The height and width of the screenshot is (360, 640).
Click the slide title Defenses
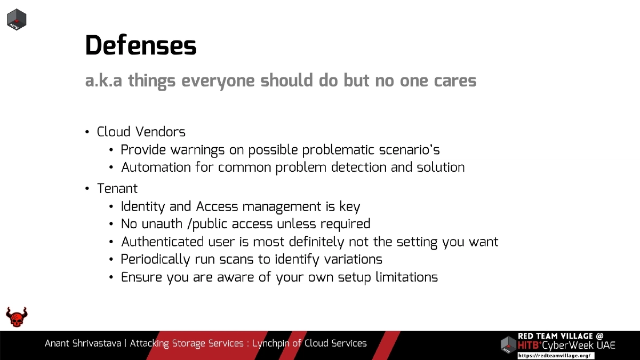pyautogui.click(x=141, y=46)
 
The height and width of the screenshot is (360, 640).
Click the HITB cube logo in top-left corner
pyautogui.click(x=17, y=20)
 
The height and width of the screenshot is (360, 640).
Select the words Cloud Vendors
pyautogui.click(x=141, y=132)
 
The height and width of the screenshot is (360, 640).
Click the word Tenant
pyautogui.click(x=117, y=189)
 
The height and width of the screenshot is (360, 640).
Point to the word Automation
pyautogui.click(x=155, y=167)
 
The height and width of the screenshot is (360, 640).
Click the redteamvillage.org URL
pyautogui.click(x=554, y=355)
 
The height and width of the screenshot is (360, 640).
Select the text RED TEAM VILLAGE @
pyautogui.click(x=561, y=336)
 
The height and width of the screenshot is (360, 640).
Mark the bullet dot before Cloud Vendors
pyautogui.click(x=87, y=132)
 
